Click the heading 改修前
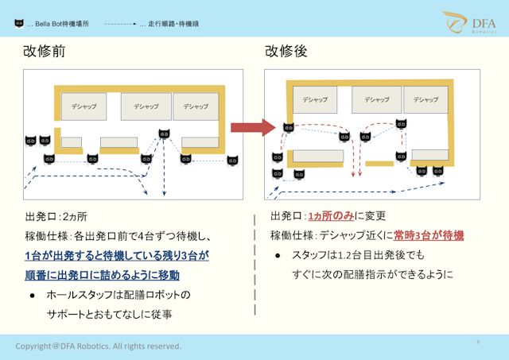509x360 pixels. [x=45, y=52]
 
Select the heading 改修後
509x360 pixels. [x=286, y=52]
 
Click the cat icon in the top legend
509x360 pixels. [x=18, y=24]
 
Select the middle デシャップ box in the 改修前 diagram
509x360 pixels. [x=146, y=106]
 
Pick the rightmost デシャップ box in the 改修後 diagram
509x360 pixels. [x=425, y=99]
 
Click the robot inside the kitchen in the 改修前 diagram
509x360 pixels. [x=164, y=134]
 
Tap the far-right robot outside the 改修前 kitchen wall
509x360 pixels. [x=232, y=160]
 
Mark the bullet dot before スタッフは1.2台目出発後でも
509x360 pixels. [x=278, y=255]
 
